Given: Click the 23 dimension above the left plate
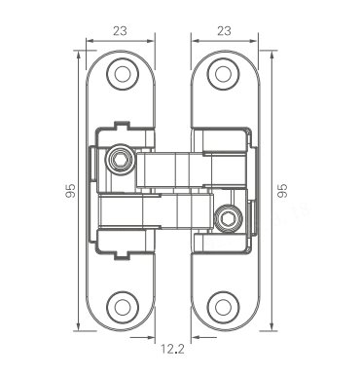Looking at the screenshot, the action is [x=120, y=31].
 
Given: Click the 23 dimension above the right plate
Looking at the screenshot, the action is [x=224, y=31].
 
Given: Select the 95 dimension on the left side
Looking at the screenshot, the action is [x=70, y=191].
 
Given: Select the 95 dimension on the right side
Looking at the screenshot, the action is [x=283, y=191].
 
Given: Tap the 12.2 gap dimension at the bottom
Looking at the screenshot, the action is [x=173, y=349].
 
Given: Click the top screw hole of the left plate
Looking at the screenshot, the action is [x=123, y=74].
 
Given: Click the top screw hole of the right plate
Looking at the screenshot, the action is [x=224, y=74].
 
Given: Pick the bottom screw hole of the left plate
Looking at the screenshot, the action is [x=123, y=307].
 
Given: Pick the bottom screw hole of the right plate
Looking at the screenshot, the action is [x=224, y=307].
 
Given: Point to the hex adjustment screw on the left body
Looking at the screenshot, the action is [x=120, y=159].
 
